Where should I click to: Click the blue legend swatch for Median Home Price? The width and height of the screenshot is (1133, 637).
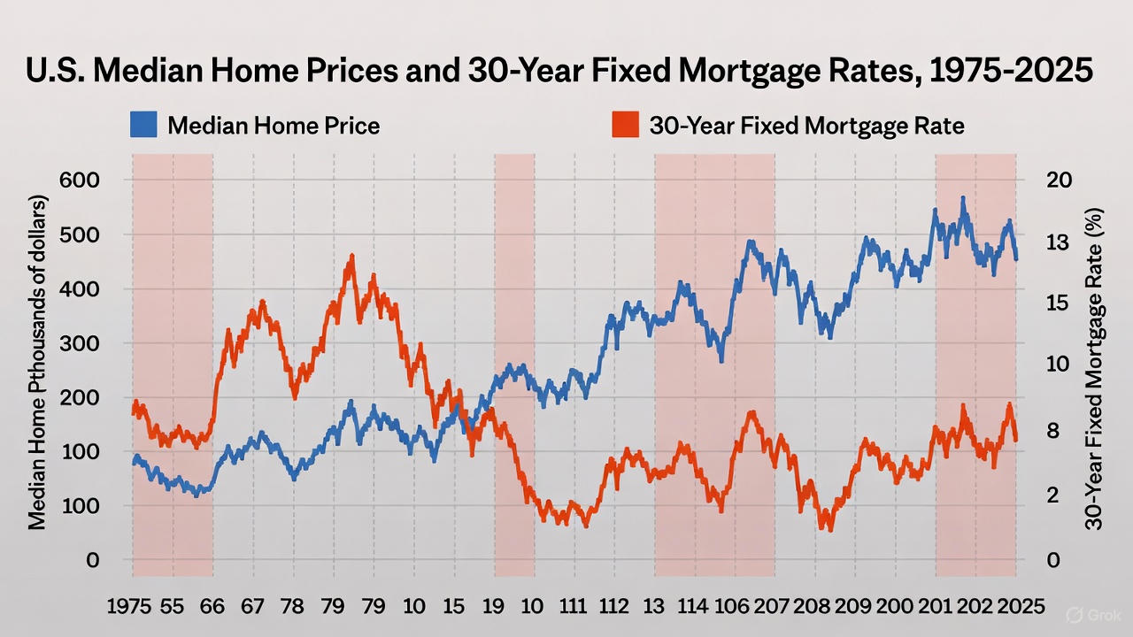[x=143, y=125]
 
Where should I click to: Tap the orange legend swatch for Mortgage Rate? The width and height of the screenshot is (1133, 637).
[x=625, y=125]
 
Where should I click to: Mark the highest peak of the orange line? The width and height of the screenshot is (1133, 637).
[x=351, y=257]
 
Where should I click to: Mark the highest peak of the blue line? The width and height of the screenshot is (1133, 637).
[x=962, y=199]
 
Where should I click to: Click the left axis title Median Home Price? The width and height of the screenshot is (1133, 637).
[x=37, y=361]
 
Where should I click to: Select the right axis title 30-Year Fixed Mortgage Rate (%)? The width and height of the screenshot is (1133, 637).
[x=1096, y=368]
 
